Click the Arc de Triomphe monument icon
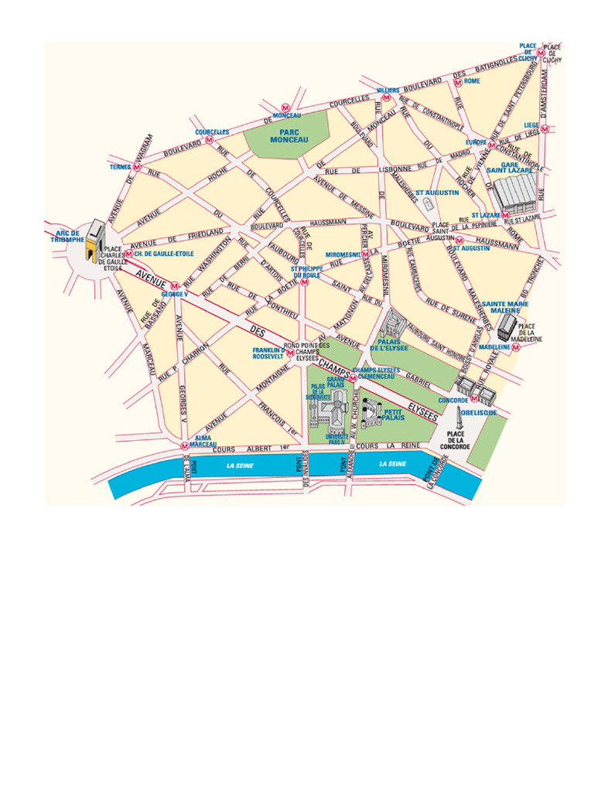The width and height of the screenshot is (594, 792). point(96,241)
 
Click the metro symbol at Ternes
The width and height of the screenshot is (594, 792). point(137,167)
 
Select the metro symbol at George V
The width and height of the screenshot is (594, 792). point(175,284)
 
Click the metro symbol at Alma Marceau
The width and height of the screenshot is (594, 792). point(184,445)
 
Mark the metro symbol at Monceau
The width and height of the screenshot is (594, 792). point(285,108)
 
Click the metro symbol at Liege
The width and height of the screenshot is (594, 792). point(545,131)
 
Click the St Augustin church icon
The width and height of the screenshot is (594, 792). point(428,203)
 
